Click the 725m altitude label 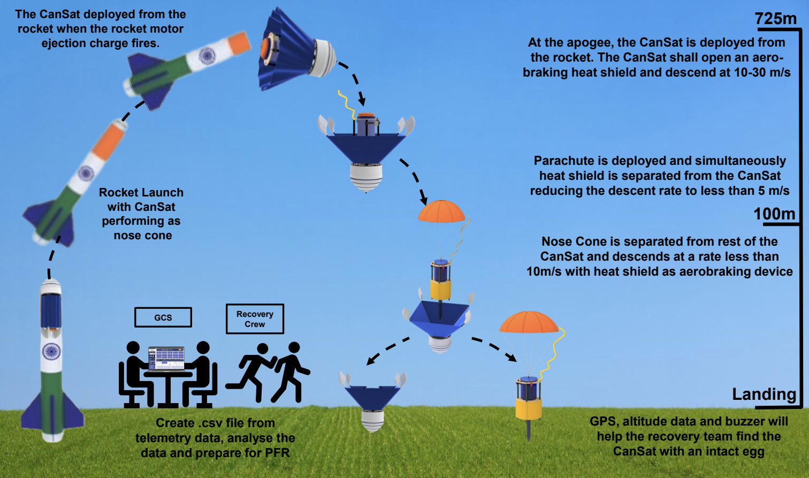(x=775, y=19)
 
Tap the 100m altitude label (x=774, y=214)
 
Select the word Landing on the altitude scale (x=764, y=394)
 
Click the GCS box (x=163, y=317)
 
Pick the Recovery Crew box (x=255, y=318)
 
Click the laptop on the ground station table (x=167, y=359)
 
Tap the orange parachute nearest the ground (x=529, y=322)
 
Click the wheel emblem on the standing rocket (x=51, y=351)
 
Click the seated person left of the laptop (x=134, y=374)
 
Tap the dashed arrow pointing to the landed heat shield (x=388, y=351)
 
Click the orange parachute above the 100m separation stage (x=441, y=211)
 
